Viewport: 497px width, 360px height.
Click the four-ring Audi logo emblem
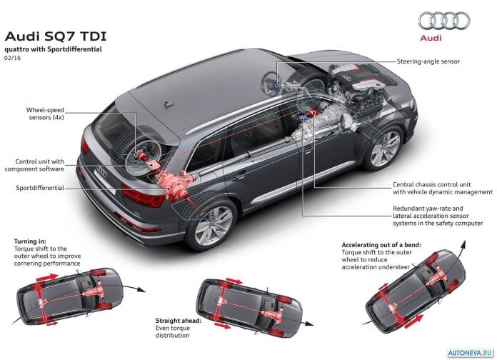point(444,21)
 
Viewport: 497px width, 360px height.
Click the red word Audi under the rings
point(431,38)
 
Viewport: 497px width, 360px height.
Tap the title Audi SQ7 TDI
point(56,36)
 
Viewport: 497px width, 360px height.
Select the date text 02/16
point(12,58)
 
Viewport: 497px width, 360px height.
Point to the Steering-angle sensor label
point(428,61)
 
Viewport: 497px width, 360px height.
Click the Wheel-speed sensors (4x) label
point(45,114)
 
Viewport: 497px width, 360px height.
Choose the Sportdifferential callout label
point(40,188)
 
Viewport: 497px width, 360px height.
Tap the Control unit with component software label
point(34,165)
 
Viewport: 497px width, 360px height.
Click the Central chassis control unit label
point(443,188)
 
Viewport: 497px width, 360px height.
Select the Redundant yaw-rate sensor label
point(438,216)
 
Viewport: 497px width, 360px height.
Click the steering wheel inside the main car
point(271,82)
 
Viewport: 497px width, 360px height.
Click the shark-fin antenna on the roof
point(169,104)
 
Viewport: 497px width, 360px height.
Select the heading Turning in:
point(30,241)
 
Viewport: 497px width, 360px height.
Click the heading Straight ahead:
point(178,321)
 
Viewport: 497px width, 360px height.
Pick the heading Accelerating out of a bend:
point(381,245)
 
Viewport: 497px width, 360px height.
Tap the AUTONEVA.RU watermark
point(471,353)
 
